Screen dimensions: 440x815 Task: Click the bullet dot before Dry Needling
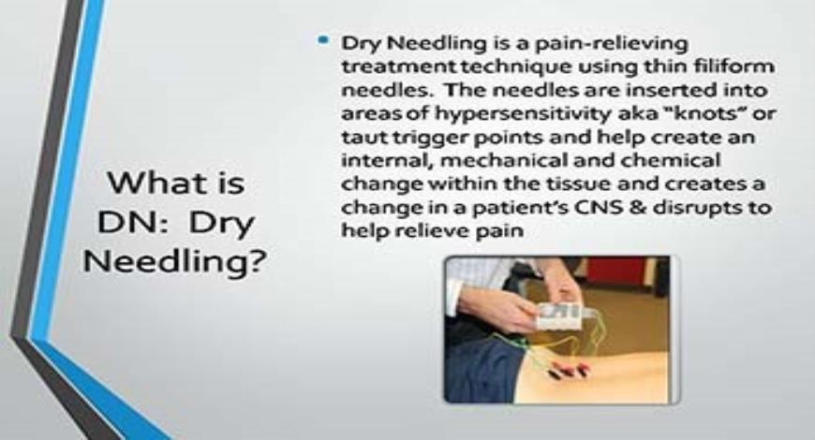coord(323,42)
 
